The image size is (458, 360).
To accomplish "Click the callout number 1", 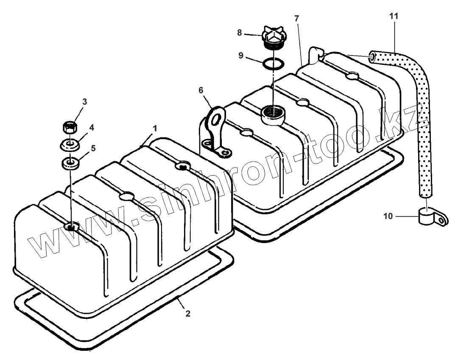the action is (x=155, y=128).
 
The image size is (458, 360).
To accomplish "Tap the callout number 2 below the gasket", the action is (x=188, y=314).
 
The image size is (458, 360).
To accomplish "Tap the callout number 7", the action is (x=296, y=19).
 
